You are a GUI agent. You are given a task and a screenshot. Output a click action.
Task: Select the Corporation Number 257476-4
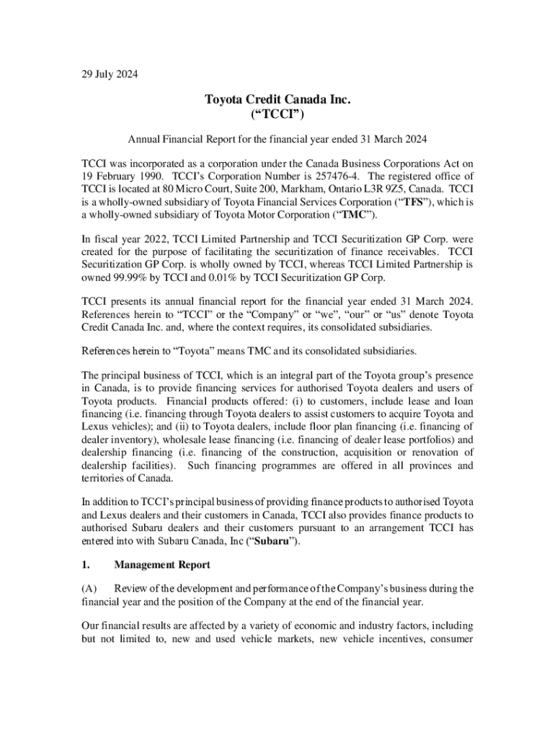334,176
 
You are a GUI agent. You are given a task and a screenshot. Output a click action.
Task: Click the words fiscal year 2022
123,238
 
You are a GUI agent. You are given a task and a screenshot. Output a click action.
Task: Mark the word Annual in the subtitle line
144,138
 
